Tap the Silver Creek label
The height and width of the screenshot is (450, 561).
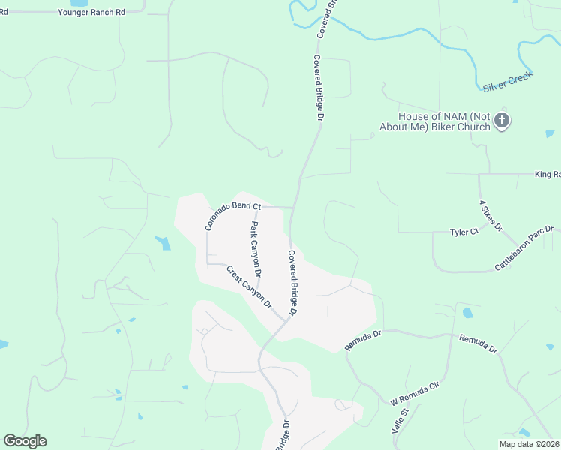pyautogui.click(x=507, y=82)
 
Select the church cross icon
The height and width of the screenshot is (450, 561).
pyautogui.click(x=502, y=121)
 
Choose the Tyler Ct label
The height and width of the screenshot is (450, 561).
pyautogui.click(x=463, y=232)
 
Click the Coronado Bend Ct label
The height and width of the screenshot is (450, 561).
pyautogui.click(x=232, y=214)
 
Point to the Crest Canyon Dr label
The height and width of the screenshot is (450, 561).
pyautogui.click(x=250, y=286)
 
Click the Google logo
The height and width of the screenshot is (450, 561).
pyautogui.click(x=25, y=441)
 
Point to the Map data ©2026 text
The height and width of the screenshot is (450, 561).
pyautogui.click(x=529, y=444)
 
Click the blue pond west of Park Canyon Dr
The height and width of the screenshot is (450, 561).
pyautogui.click(x=163, y=242)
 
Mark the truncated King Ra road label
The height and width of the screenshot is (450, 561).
pyautogui.click(x=547, y=175)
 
